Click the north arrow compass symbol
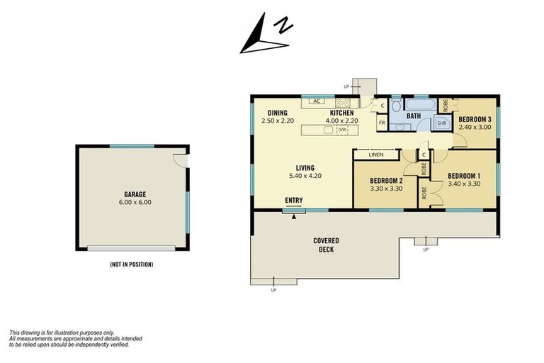[x=266, y=35]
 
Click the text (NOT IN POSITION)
[x=132, y=264]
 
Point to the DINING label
[x=277, y=113]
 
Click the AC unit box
[x=316, y=101]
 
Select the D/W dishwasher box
[x=342, y=130]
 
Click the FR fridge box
[x=381, y=123]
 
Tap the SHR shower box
[x=441, y=123]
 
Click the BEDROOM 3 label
[x=475, y=119]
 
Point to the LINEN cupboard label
[x=375, y=155]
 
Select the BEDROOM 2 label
[x=386, y=180]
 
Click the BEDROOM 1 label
[x=464, y=175]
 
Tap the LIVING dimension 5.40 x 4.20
[x=301, y=176]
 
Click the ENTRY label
[x=294, y=200]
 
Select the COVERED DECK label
[x=327, y=245]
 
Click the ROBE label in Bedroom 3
[x=444, y=105]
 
